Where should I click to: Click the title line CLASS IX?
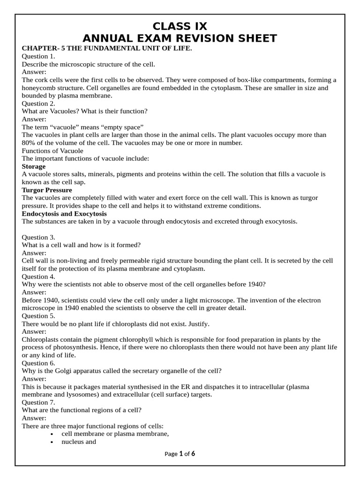click(x=180, y=26)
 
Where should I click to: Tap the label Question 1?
click(x=38, y=56)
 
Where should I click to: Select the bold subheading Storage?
click(x=34, y=166)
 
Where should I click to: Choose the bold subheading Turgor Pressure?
click(x=47, y=190)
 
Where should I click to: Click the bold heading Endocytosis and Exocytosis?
click(x=64, y=213)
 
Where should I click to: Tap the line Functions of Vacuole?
click(x=52, y=150)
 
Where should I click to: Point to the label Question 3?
click(x=38, y=237)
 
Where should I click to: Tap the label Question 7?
click(x=38, y=402)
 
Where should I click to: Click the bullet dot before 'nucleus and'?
click(x=52, y=442)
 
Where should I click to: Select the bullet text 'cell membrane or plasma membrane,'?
click(x=115, y=434)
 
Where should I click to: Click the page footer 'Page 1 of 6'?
click(x=180, y=454)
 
